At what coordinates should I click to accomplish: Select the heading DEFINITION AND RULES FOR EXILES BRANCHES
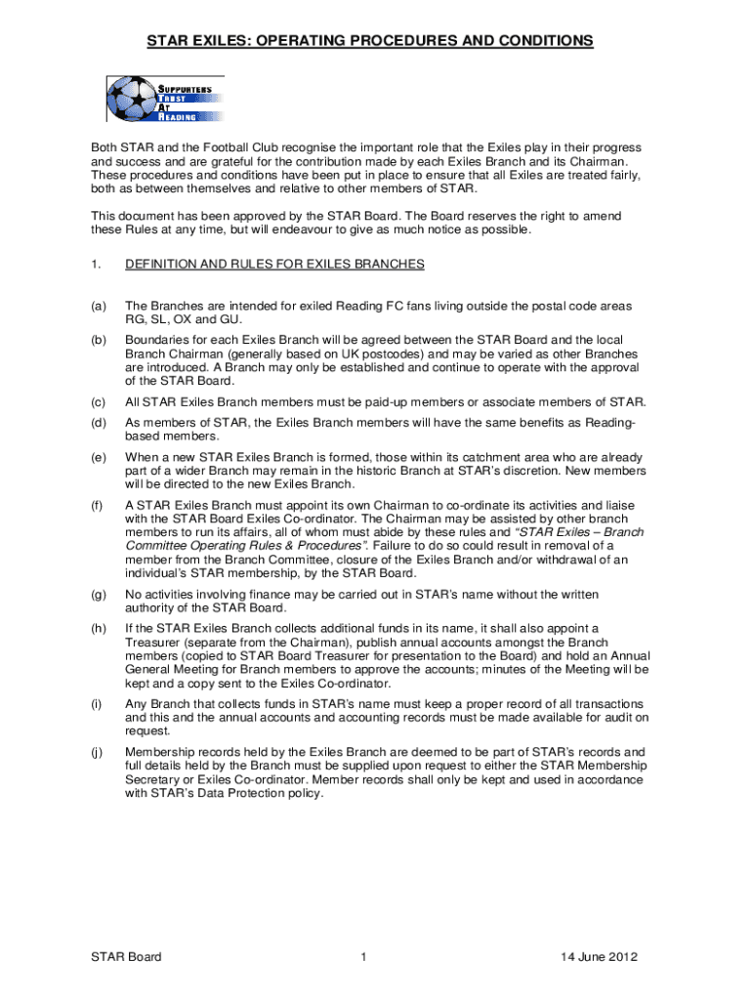(274, 264)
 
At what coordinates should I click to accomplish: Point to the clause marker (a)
(98, 305)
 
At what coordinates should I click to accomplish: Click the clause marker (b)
(98, 339)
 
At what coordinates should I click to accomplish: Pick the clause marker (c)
(98, 402)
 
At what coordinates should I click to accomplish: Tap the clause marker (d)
(98, 421)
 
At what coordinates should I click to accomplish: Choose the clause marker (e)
(98, 456)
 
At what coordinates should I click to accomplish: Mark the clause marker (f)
(98, 504)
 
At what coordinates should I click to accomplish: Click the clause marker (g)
(98, 594)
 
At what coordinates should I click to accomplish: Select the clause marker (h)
(98, 628)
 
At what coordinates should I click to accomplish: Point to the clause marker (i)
(98, 704)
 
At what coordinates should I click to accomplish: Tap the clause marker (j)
(98, 752)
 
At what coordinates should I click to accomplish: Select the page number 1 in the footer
(362, 957)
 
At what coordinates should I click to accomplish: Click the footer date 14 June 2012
(600, 957)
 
